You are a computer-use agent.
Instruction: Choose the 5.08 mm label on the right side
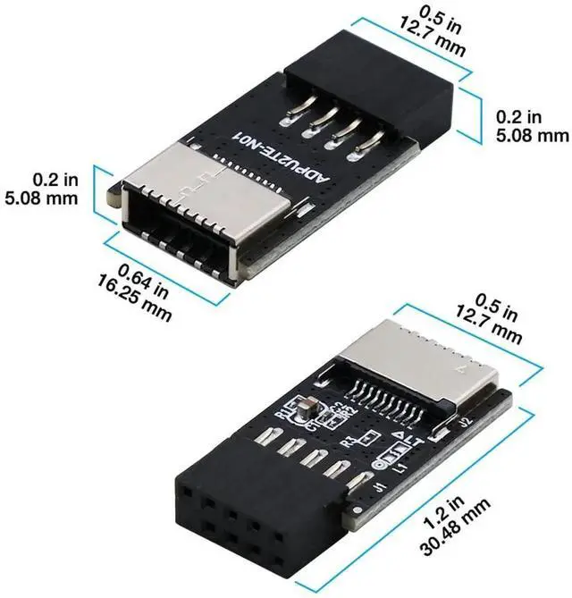tap(531, 136)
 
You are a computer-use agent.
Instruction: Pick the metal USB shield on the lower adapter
tap(420, 362)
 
